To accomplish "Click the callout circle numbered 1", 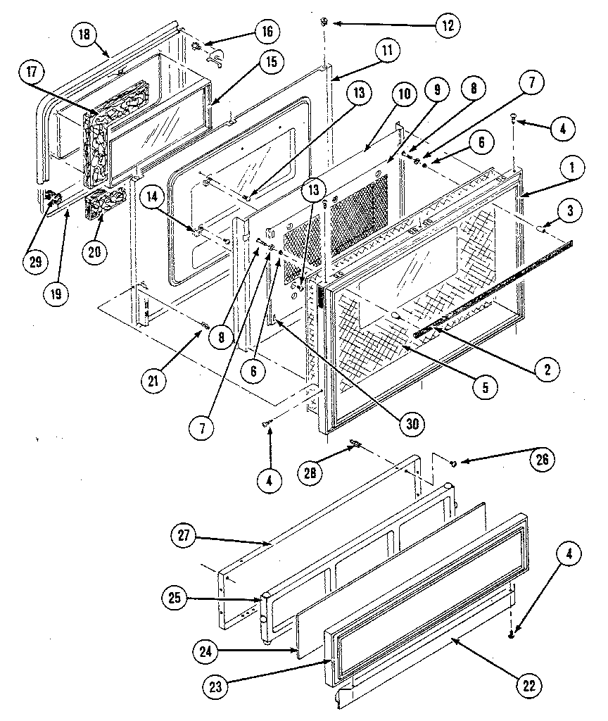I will [x=571, y=167].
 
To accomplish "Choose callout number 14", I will [x=153, y=199].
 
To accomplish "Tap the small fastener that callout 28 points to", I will [x=355, y=444].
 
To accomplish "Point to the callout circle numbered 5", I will [x=485, y=386].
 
